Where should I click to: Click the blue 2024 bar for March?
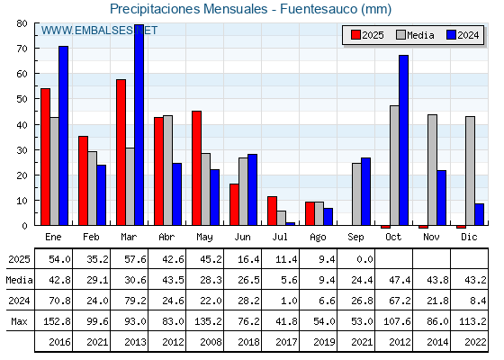pos(139,125)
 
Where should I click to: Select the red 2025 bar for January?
pos(45,157)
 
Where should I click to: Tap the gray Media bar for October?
pos(394,166)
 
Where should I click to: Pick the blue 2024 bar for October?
pos(404,140)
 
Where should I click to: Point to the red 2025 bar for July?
pos(272,211)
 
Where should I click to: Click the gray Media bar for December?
pos(470,171)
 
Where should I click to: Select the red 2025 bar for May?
pos(197,168)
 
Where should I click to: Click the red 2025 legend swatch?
pos(355,35)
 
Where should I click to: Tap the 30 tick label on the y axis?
pos(22,150)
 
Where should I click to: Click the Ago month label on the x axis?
pos(318,238)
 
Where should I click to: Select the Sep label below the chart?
pos(355,237)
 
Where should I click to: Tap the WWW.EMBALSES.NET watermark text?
pos(99,31)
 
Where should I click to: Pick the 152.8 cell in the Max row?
pos(57,321)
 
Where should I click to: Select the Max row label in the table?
pos(19,321)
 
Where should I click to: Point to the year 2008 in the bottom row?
pos(211,342)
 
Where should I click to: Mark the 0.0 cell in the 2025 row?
pos(364,259)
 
